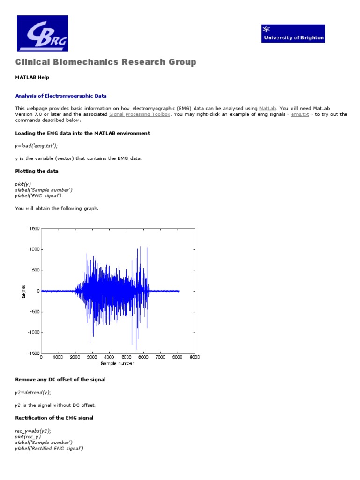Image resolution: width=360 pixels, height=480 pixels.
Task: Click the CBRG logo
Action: click(x=42, y=33)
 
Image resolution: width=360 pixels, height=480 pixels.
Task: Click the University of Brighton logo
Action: click(x=293, y=34)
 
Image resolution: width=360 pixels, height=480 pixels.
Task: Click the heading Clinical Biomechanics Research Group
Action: click(x=106, y=62)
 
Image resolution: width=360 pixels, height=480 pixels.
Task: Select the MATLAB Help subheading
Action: click(x=32, y=77)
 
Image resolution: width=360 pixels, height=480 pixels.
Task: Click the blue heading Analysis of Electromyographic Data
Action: click(x=61, y=96)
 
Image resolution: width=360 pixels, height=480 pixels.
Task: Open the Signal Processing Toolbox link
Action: click(x=139, y=114)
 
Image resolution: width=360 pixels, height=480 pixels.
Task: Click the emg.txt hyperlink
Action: click(x=300, y=114)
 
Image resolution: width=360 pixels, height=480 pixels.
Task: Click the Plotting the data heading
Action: click(x=37, y=171)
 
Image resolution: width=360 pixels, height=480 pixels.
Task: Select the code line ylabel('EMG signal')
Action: click(x=38, y=195)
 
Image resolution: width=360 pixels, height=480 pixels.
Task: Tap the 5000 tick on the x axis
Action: click(x=127, y=358)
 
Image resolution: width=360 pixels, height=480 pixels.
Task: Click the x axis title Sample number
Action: click(x=117, y=364)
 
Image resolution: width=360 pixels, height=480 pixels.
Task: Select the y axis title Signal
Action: click(x=24, y=291)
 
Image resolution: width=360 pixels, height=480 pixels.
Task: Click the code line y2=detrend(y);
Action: click(x=33, y=392)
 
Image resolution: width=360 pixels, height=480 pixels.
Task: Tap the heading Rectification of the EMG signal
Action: click(x=54, y=417)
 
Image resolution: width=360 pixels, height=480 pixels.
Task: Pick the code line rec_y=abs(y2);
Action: click(x=33, y=430)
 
